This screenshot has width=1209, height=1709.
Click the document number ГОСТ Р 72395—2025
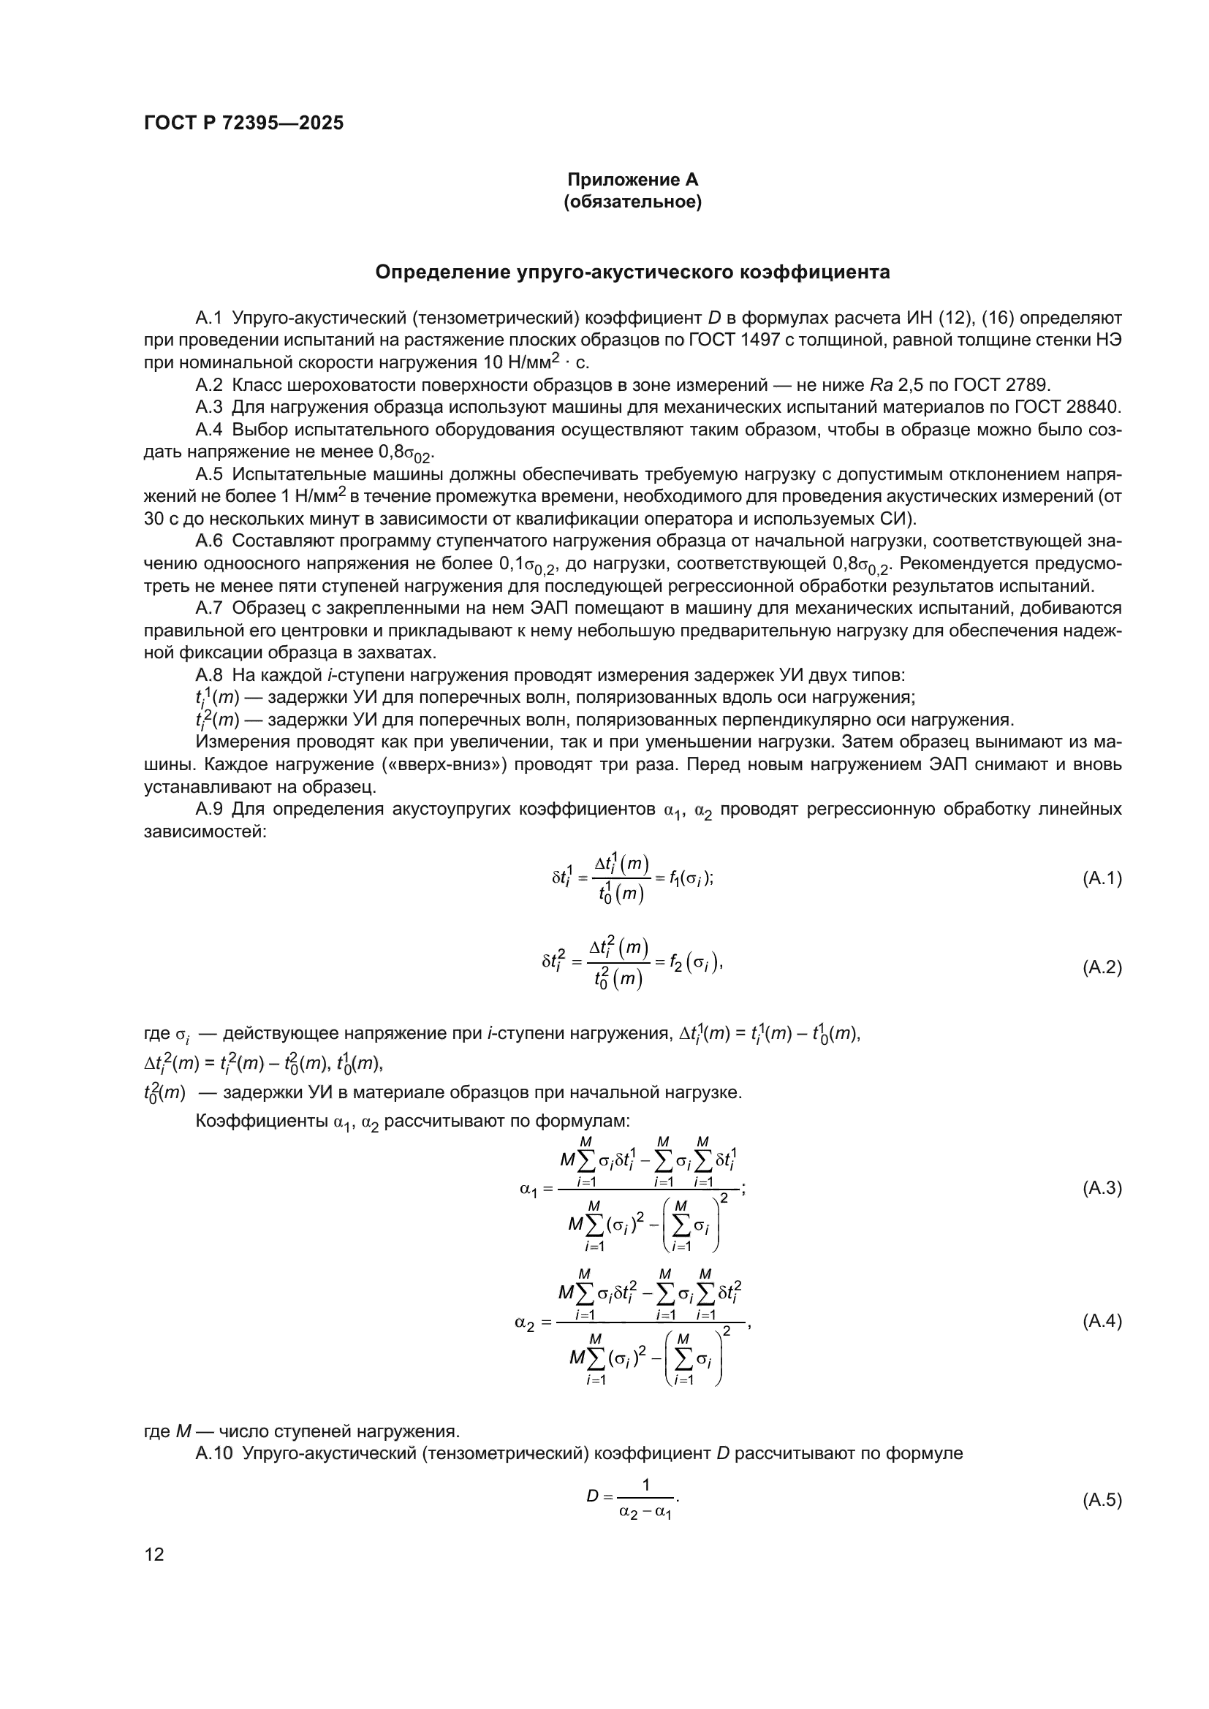coord(243,123)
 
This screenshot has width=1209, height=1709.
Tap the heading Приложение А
coord(633,180)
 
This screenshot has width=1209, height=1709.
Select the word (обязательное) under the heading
coord(633,202)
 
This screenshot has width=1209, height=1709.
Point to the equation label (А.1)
coord(1101,878)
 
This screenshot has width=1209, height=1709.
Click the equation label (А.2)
coord(1101,967)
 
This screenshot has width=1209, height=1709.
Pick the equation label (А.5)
coord(1101,1500)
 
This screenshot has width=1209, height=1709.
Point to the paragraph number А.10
coord(213,1453)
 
